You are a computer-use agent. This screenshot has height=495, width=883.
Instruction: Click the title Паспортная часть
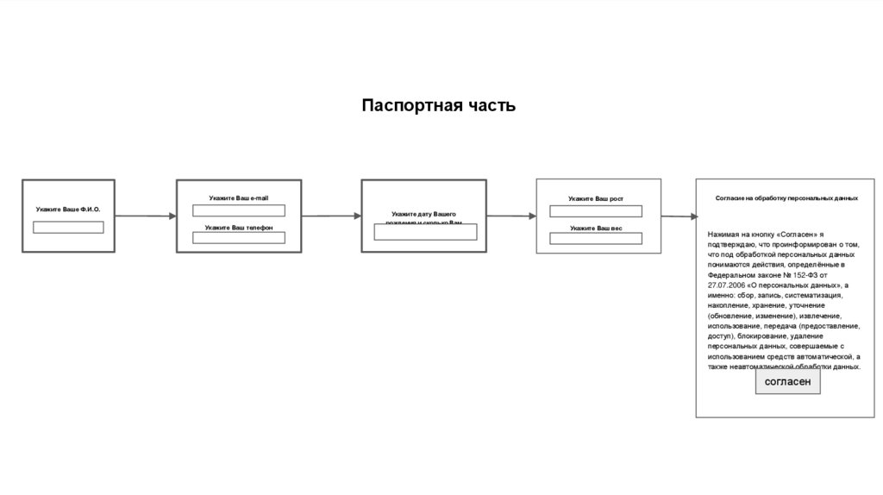(438, 106)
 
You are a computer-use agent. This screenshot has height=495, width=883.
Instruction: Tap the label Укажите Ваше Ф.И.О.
(68, 210)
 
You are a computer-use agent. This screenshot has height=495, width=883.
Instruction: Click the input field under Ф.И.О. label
(68, 228)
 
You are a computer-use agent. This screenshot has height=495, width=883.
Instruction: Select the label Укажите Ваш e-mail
(238, 198)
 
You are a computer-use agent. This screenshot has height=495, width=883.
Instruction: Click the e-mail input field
(238, 210)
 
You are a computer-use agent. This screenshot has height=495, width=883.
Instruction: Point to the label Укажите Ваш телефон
(239, 228)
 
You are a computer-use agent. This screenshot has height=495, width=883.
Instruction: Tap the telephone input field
(238, 238)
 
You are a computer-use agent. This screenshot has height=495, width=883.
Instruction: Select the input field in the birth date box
(424, 232)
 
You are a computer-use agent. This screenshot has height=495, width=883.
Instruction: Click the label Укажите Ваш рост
(595, 199)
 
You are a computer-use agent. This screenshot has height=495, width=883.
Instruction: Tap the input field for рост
(596, 211)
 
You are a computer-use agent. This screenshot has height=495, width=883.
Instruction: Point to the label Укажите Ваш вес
(596, 229)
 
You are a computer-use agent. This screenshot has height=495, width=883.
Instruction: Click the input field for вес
(596, 239)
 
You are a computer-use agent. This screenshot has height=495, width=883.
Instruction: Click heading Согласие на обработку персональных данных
(786, 198)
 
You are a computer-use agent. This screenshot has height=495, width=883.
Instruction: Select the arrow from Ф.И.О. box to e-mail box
(144, 216)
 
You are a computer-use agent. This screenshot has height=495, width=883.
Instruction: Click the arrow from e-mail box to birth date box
(331, 216)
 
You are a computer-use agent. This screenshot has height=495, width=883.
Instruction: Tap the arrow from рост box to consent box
(679, 216)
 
